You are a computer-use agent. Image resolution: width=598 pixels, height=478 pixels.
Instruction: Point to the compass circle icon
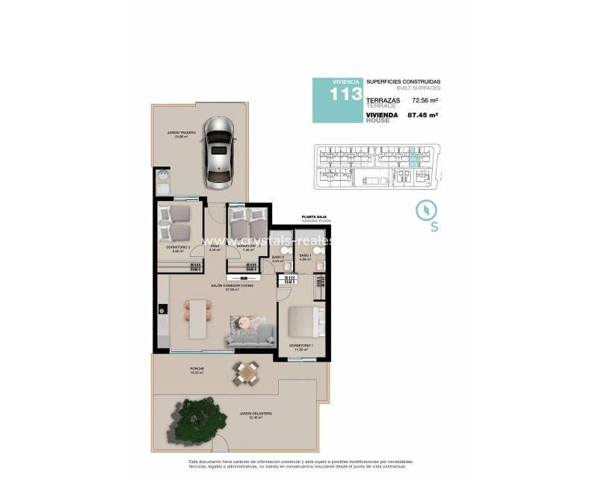[425, 209]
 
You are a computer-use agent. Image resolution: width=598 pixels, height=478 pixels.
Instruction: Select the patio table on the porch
[246, 372]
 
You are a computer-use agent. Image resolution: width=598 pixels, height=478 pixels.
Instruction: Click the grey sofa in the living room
[250, 335]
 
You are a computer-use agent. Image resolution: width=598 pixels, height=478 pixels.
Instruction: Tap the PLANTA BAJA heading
[314, 216]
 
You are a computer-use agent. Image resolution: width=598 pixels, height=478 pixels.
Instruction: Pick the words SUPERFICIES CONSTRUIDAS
[404, 81]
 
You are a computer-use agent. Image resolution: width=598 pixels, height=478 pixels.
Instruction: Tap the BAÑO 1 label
[304, 255]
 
